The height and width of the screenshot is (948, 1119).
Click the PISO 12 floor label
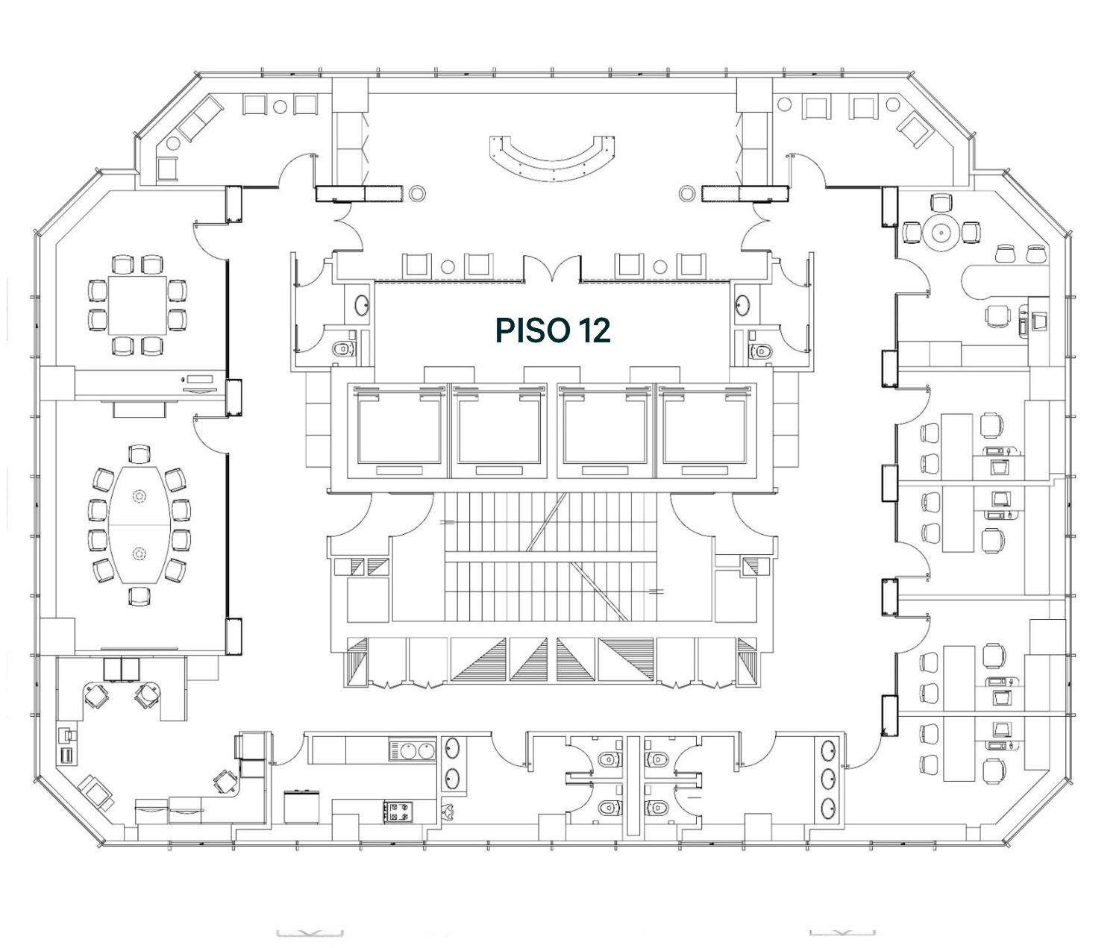click(553, 330)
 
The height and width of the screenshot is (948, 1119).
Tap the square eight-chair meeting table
click(137, 305)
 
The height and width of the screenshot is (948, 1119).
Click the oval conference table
click(140, 524)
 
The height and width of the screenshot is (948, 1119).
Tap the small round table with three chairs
click(941, 233)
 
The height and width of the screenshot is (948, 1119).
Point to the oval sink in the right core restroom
click(743, 307)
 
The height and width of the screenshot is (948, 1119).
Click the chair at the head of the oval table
click(140, 453)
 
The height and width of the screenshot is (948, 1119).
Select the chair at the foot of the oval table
click(140, 595)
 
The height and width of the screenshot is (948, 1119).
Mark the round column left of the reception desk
click(418, 192)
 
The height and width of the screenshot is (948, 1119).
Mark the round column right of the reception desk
click(686, 192)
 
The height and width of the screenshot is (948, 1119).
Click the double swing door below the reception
click(552, 269)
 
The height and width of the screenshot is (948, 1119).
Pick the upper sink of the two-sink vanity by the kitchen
click(452, 750)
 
